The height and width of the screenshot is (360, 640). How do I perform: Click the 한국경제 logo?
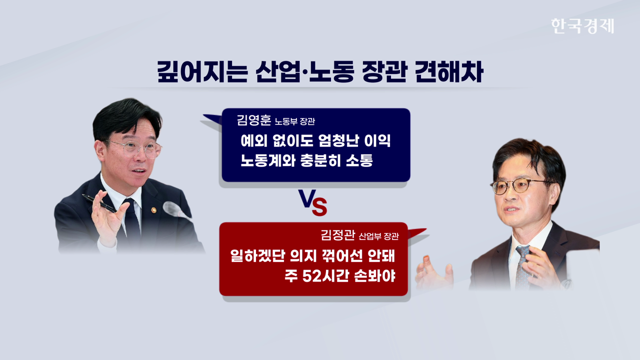[582, 26]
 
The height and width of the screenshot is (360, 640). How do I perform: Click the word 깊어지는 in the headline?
[202, 71]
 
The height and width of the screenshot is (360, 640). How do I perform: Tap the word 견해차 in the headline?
[449, 71]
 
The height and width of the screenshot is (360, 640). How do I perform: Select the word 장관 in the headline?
[383, 71]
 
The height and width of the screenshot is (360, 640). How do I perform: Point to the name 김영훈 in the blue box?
[253, 120]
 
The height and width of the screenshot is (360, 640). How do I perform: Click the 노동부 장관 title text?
[295, 121]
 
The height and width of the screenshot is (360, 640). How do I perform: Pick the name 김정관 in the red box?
[337, 235]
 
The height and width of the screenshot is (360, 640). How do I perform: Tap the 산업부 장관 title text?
[378, 236]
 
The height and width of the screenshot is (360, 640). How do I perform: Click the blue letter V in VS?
[307, 198]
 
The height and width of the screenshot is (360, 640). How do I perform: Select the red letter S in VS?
[319, 207]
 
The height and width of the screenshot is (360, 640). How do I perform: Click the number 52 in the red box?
[310, 276]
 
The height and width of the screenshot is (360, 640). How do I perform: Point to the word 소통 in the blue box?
[359, 160]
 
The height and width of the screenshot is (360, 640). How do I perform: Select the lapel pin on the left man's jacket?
[153, 210]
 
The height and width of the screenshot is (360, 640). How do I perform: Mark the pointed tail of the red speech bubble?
[426, 229]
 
